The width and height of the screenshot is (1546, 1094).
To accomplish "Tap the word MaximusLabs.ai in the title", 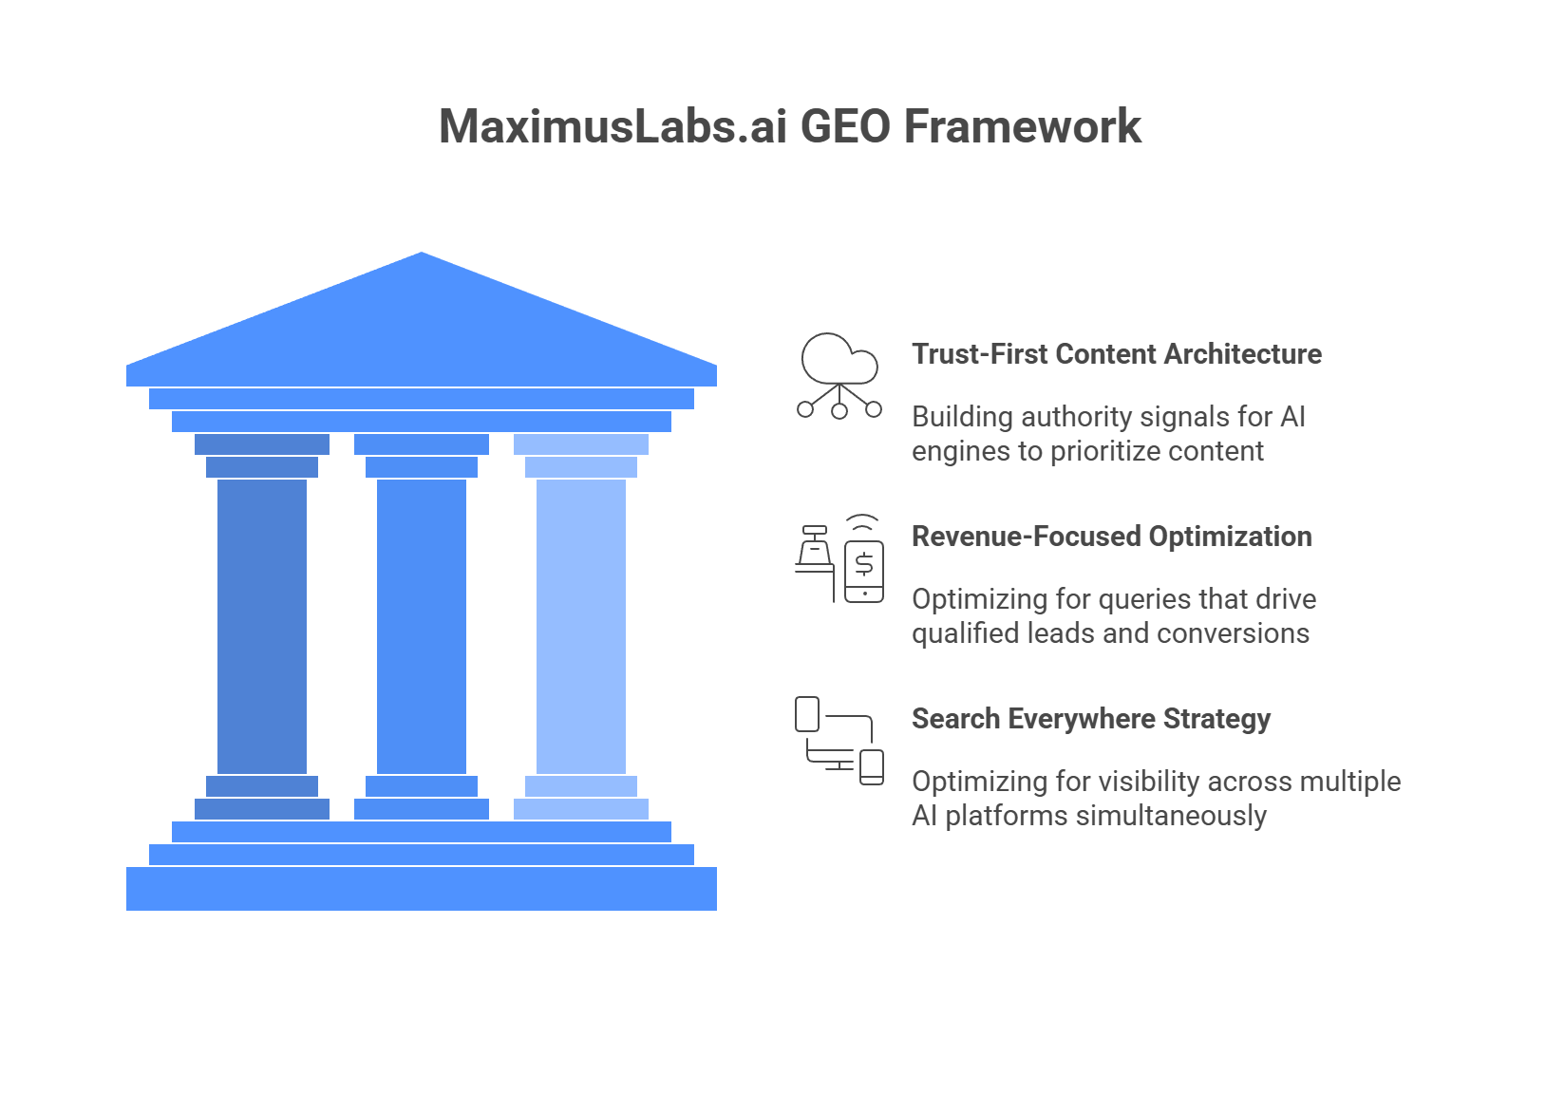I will (x=613, y=127).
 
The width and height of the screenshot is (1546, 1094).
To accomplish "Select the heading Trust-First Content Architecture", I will (x=1117, y=354).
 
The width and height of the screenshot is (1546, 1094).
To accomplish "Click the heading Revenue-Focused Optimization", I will (x=1112, y=537).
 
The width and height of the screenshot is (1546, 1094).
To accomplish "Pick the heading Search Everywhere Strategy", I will (x=1091, y=719).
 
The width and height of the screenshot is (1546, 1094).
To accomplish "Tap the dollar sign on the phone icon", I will (x=864, y=564).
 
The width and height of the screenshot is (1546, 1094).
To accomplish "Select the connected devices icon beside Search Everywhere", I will (x=839, y=741).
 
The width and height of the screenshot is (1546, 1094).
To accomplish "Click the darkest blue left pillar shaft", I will (x=262, y=627).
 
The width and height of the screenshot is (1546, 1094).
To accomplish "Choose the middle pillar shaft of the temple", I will (x=422, y=627).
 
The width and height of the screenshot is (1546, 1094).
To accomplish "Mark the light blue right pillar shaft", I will (x=581, y=627).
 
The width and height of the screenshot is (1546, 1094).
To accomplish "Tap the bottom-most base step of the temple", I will (x=422, y=889).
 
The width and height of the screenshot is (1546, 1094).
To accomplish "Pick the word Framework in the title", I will (x=1022, y=127).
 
